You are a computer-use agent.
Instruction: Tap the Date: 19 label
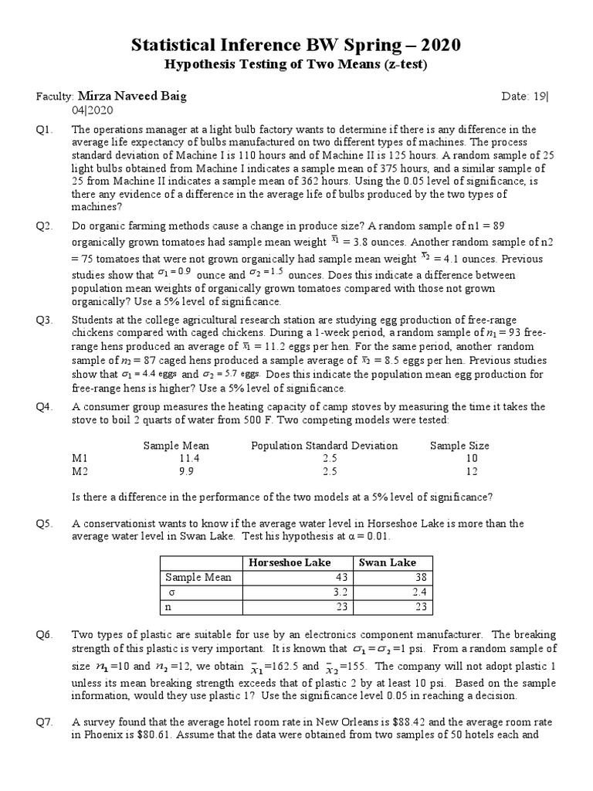point(524,97)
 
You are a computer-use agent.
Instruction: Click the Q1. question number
point(43,130)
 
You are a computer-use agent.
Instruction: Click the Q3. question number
point(43,319)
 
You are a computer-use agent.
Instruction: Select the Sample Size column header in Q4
point(459,446)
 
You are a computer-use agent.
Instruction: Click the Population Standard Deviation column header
point(324,446)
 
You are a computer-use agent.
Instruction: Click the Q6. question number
point(43,634)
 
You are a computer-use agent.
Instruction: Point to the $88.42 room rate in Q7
point(475,722)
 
